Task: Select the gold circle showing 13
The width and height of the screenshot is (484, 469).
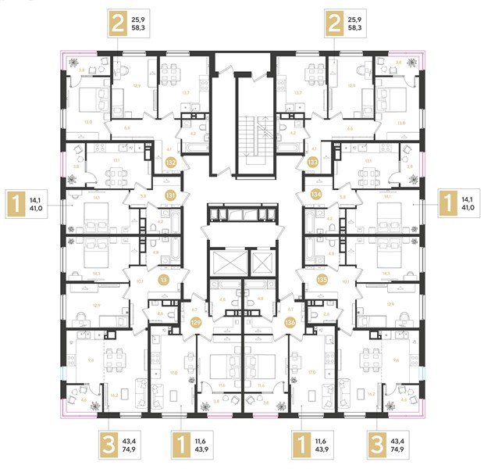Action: click(164, 279)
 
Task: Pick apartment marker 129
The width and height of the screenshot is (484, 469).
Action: click(197, 321)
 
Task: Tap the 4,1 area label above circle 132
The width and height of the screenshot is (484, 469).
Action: click(169, 149)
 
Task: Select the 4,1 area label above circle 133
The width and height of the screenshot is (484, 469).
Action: click(314, 149)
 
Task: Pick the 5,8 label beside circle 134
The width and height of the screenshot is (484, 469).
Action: click(342, 197)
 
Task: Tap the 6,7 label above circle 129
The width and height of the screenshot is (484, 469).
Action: click(194, 308)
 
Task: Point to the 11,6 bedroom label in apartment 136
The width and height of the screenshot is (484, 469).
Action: click(262, 385)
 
